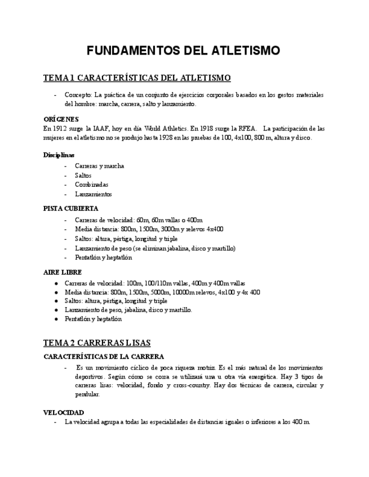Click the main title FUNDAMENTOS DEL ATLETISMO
click(183, 51)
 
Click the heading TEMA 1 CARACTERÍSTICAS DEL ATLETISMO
click(137, 77)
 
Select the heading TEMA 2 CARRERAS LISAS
click(97, 343)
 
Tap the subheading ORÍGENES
click(61, 119)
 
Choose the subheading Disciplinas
click(59, 155)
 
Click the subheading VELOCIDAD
click(64, 412)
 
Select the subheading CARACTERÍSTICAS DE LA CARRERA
click(104, 357)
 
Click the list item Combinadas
click(92, 184)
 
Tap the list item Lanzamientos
click(94, 194)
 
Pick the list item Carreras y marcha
click(100, 166)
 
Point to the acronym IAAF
click(103, 128)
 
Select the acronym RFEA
click(247, 128)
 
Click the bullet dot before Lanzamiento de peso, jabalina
click(56, 310)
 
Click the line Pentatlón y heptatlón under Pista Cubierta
click(104, 258)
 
